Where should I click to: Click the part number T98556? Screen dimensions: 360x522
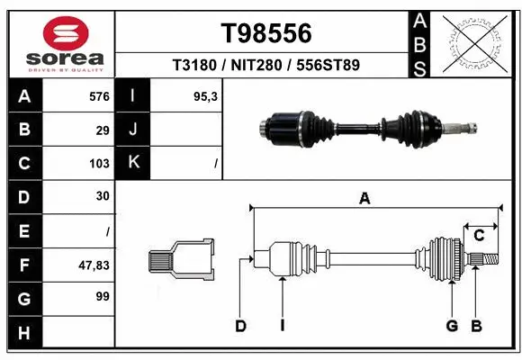tap(266, 33)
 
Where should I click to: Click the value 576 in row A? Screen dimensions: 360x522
tap(99, 96)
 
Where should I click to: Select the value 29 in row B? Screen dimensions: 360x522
tap(103, 130)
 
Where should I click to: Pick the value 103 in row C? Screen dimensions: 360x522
tap(99, 163)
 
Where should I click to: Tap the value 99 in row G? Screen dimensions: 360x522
tap(103, 296)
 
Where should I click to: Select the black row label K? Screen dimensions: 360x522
tap(133, 163)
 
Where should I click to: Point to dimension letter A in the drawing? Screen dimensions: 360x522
tap(364, 199)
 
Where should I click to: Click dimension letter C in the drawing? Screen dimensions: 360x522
tap(480, 236)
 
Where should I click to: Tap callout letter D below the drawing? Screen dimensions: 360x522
tap(240, 326)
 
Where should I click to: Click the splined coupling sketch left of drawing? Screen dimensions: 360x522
tap(181, 262)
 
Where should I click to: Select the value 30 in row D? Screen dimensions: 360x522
tap(103, 196)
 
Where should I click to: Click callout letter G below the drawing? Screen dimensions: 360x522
tap(453, 326)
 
